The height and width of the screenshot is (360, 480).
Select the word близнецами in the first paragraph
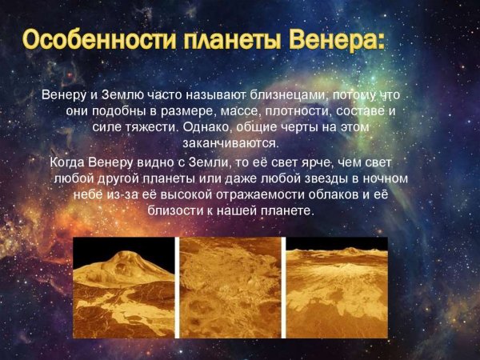tap(310, 95)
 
